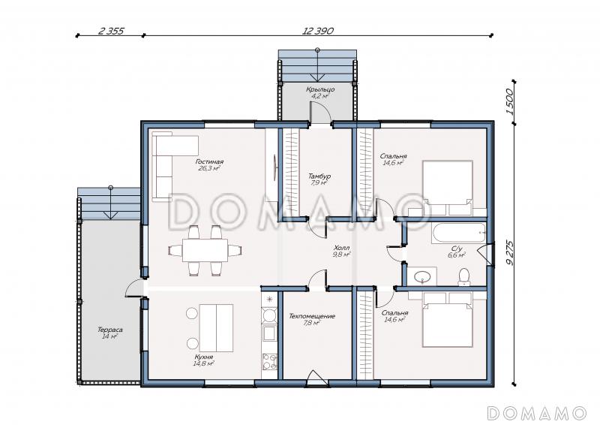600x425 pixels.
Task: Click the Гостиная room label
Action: click(209, 161)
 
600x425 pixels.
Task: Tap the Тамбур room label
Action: click(319, 176)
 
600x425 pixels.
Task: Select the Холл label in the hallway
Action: click(341, 248)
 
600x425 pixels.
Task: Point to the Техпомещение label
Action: click(312, 316)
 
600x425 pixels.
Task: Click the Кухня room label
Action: click(203, 357)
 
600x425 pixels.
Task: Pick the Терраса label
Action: click(109, 330)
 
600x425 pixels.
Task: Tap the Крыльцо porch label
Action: click(320, 89)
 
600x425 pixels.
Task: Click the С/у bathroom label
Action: click(457, 248)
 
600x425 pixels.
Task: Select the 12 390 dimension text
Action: click(318, 31)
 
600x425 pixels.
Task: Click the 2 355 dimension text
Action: click(111, 31)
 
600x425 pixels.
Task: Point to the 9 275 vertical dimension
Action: click(510, 253)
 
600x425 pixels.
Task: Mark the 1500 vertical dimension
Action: click(510, 101)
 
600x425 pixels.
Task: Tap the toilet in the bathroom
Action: click(464, 276)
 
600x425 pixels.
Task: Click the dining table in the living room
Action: click(205, 250)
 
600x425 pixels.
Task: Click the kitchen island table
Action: click(216, 328)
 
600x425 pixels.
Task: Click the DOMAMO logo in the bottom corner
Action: click(537, 413)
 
